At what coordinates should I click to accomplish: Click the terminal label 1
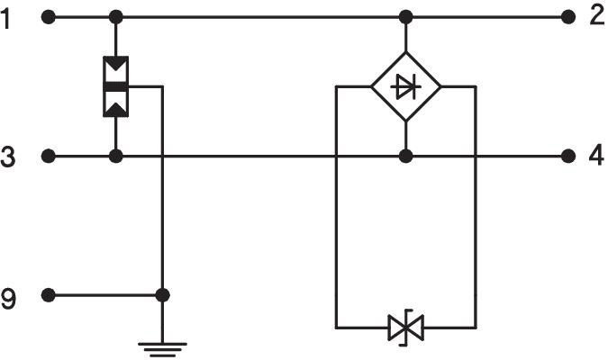click(x=8, y=17)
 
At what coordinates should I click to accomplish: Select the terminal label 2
click(x=596, y=15)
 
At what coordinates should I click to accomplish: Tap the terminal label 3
click(x=8, y=157)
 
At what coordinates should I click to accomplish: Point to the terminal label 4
click(x=596, y=156)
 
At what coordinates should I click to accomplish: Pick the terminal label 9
click(x=8, y=296)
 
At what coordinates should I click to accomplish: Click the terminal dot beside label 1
click(x=49, y=16)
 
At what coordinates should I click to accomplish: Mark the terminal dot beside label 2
click(x=567, y=16)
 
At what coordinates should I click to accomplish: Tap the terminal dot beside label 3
click(x=49, y=156)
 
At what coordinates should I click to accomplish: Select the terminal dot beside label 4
click(x=567, y=156)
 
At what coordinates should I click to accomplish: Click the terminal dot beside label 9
click(x=49, y=295)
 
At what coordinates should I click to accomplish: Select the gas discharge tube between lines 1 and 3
click(x=116, y=86)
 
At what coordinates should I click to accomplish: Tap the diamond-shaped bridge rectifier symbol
click(x=406, y=86)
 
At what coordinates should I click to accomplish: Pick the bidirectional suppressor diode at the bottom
click(x=404, y=327)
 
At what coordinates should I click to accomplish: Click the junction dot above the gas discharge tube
click(x=116, y=16)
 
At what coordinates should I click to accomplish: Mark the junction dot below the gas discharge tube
click(x=116, y=156)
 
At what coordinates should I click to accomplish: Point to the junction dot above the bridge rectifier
click(x=406, y=16)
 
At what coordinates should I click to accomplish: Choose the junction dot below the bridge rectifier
click(x=406, y=156)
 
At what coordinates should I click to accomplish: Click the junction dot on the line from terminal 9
click(x=162, y=295)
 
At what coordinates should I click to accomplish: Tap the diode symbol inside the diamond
click(x=406, y=86)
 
